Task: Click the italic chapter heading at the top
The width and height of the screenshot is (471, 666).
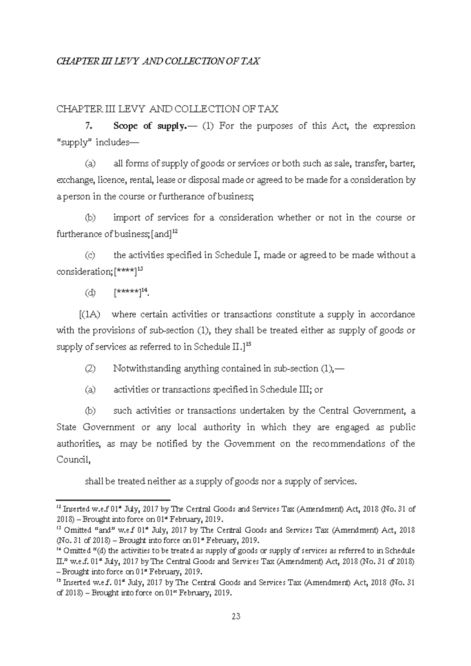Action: coord(158,61)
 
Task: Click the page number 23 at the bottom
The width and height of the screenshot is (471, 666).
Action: coord(235,616)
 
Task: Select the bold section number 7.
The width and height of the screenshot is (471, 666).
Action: coord(88,126)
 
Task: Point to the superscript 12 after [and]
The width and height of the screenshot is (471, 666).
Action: coord(175,232)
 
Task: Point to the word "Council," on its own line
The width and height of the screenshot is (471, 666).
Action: coord(74,460)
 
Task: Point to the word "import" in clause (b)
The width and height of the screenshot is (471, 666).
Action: coord(125,218)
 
